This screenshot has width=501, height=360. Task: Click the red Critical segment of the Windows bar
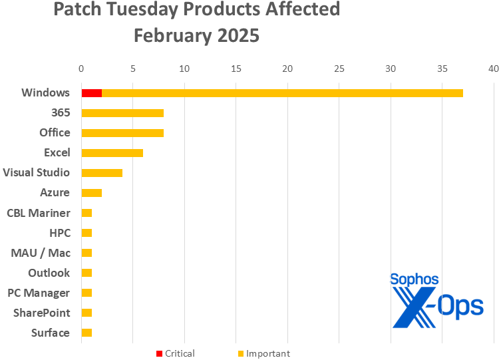pyautogui.click(x=91, y=92)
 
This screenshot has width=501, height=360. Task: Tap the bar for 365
pyautogui.click(x=122, y=112)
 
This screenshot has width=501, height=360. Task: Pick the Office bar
pyautogui.click(x=122, y=132)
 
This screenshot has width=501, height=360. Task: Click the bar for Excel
pyautogui.click(x=112, y=152)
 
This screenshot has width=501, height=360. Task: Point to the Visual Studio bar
pyautogui.click(x=102, y=173)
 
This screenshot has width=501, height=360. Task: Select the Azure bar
pyautogui.click(x=91, y=193)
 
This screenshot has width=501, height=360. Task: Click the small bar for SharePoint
pyautogui.click(x=86, y=313)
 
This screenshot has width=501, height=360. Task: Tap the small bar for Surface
pyautogui.click(x=86, y=333)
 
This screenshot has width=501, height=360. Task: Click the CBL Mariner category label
pyautogui.click(x=39, y=213)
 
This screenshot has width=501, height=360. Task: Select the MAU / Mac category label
pyautogui.click(x=41, y=253)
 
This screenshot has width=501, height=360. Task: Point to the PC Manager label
pyautogui.click(x=39, y=293)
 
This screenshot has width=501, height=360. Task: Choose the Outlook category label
pyautogui.click(x=49, y=273)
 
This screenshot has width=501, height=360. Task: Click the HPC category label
pyautogui.click(x=59, y=233)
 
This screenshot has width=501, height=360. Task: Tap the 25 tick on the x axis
pyautogui.click(x=339, y=69)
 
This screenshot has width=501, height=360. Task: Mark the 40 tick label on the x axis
pyautogui.click(x=493, y=69)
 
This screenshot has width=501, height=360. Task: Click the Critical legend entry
pyautogui.click(x=176, y=353)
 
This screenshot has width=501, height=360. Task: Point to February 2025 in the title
pyautogui.click(x=196, y=35)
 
